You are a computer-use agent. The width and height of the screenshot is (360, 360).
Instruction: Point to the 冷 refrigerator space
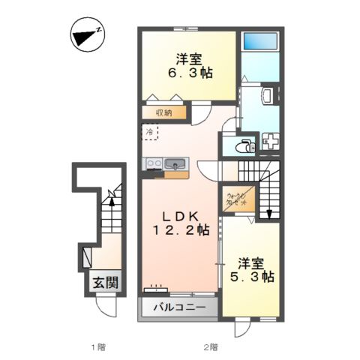[150, 132]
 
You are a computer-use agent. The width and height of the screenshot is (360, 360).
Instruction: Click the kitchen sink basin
[178, 163]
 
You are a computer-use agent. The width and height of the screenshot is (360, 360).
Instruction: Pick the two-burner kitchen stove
[154, 163]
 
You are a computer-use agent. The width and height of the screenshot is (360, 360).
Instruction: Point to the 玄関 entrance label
[103, 283]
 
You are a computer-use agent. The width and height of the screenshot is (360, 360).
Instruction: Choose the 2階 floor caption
[208, 346]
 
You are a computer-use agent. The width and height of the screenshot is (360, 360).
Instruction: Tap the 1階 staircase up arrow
[111, 199]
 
